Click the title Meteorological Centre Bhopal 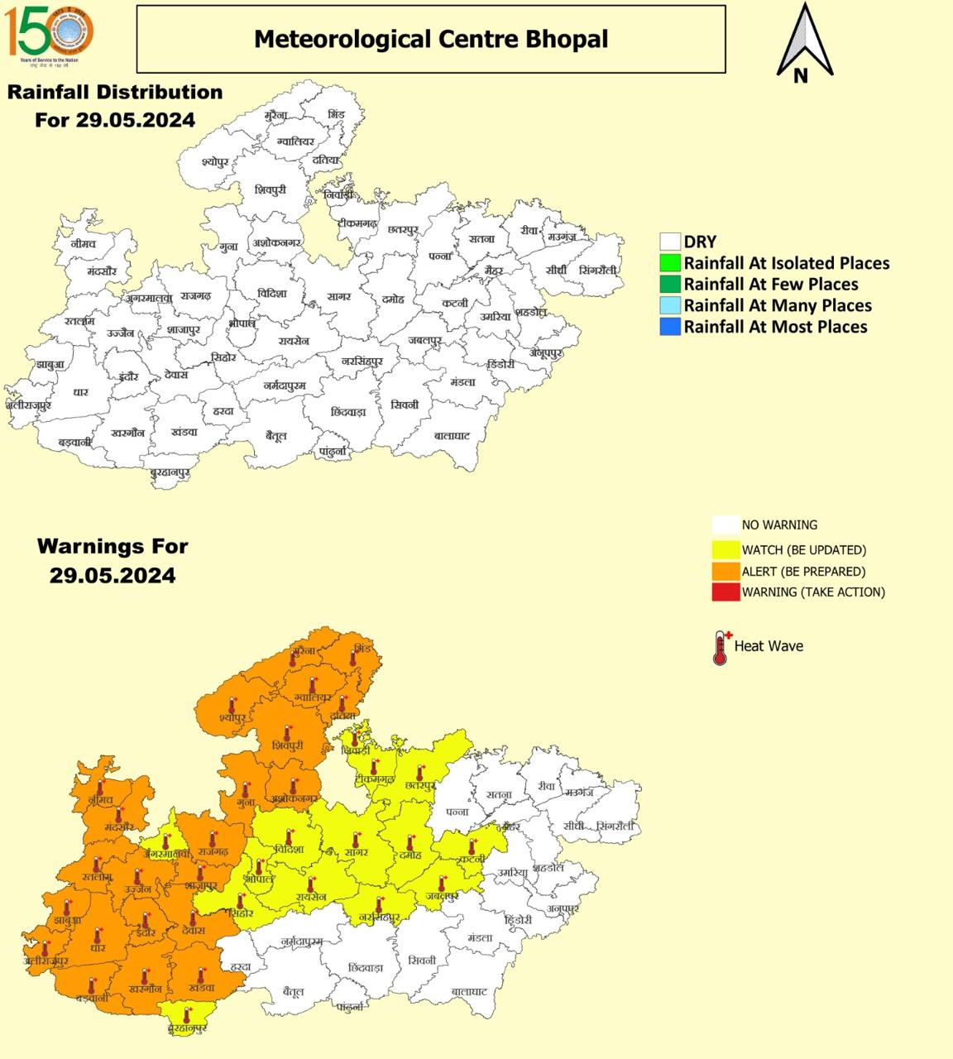tap(430, 39)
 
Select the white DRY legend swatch tap(669, 242)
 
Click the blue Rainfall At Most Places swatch tap(669, 327)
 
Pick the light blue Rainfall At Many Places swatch tap(669, 306)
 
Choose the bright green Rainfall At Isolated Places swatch tap(669, 264)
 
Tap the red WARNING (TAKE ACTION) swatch tap(726, 592)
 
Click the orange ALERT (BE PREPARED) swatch tap(726, 572)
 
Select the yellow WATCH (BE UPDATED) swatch tap(726, 550)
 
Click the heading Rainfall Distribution tap(115, 92)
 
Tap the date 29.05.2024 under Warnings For tap(113, 576)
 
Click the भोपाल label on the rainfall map tap(242, 323)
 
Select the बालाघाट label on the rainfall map tap(452, 435)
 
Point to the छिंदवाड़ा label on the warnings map tap(365, 967)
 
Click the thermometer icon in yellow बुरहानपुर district tap(187, 1014)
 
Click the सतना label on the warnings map tap(499, 795)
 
